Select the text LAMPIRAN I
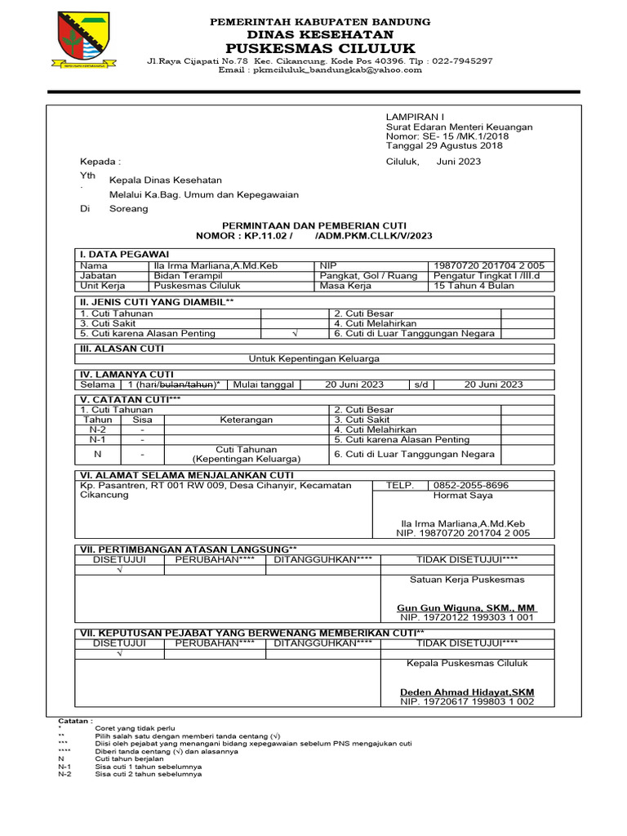click(411, 117)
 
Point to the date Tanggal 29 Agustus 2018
click(444, 146)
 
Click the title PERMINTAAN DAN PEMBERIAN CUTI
click(313, 225)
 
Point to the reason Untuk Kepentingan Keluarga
click(314, 358)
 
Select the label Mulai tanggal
click(265, 385)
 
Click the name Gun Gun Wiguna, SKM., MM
click(466, 608)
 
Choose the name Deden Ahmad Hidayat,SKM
click(467, 692)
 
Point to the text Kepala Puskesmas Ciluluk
click(468, 663)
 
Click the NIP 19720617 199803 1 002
click(467, 701)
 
